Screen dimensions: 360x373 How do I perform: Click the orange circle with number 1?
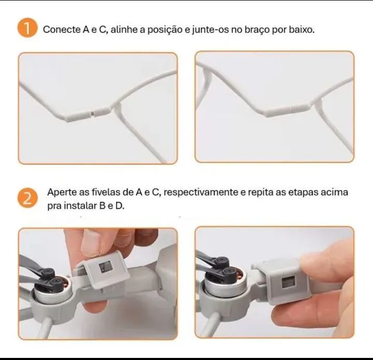pos(27,29)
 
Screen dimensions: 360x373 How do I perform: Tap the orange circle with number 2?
pos(27,198)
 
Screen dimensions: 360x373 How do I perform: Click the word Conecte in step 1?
pos(62,30)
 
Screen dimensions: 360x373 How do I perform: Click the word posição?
pos(165,30)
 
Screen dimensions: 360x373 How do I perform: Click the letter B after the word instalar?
pos(102,206)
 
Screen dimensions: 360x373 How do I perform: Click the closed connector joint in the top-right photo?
pos(294,108)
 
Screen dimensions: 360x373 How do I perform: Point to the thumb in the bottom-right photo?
pos(326,267)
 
